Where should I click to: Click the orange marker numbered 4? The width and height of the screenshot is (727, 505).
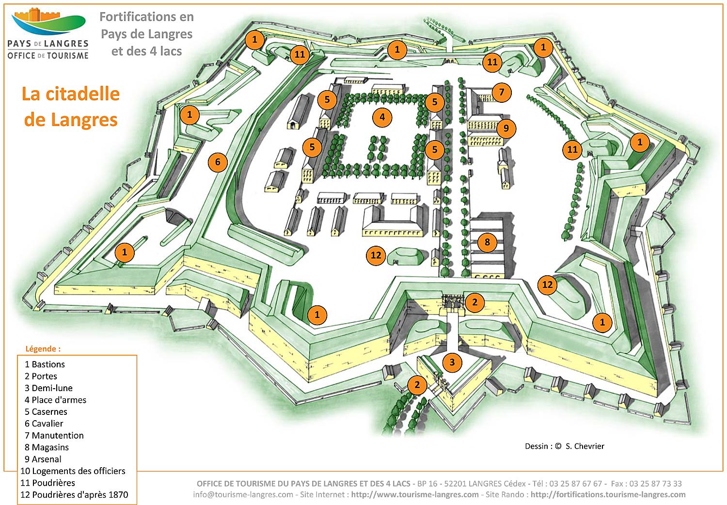(382, 117)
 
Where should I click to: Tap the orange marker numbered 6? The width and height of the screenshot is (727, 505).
(218, 162)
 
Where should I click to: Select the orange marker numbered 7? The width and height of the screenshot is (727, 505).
(502, 92)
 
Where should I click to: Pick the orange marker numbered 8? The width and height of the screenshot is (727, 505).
(487, 242)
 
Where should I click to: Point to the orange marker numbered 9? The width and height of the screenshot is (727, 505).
(506, 128)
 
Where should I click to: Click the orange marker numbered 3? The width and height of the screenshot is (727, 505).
(452, 362)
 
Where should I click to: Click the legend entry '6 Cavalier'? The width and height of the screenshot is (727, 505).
(44, 424)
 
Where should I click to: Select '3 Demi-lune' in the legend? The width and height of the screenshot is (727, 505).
(48, 388)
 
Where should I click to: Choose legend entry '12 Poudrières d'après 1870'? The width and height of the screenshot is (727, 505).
(74, 495)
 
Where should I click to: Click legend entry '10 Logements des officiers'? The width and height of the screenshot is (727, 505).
(73, 471)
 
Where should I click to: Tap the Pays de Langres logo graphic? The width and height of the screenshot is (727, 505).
(48, 22)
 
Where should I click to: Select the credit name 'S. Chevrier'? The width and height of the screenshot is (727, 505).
(585, 446)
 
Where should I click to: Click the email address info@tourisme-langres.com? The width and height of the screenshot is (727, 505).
(243, 494)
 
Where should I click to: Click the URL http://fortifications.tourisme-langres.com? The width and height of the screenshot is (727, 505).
(608, 494)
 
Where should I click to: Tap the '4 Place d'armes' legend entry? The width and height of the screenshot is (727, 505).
(55, 400)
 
